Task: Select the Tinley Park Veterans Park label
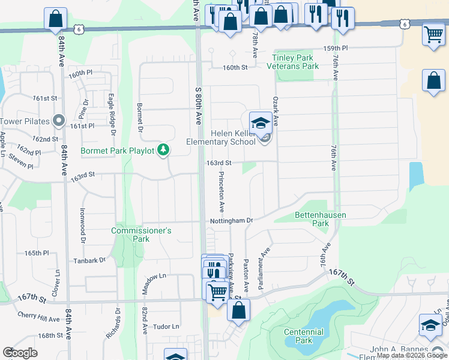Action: coord(295,62)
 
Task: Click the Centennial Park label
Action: coord(304,336)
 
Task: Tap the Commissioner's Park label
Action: coord(142,235)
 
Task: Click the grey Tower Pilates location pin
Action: coord(59,121)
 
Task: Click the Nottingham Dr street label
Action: coord(231,221)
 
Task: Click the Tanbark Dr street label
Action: coord(89,260)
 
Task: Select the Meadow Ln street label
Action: coord(154,277)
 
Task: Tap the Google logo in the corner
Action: coord(20,352)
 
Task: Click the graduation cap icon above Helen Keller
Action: coord(260,124)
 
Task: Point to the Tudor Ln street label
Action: coord(167,326)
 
